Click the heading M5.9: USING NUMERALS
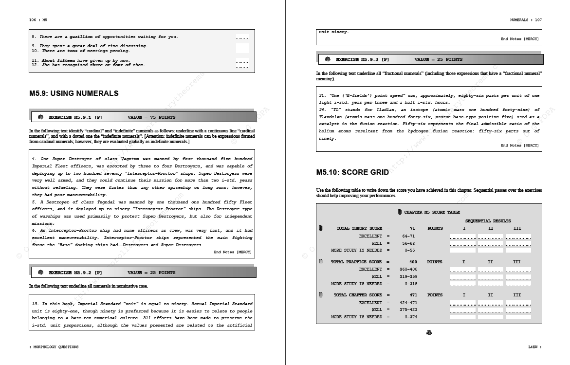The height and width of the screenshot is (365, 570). [x=74, y=93]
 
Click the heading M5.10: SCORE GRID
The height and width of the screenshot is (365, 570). [x=352, y=172]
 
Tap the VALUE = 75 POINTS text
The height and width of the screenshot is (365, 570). [x=151, y=117]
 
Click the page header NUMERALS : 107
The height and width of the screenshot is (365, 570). [x=526, y=20]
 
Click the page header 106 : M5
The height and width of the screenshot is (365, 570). [x=38, y=20]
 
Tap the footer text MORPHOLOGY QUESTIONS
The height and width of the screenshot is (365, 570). [x=55, y=347]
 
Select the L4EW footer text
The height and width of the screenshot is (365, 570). [x=534, y=347]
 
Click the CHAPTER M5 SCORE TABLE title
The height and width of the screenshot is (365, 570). [x=432, y=212]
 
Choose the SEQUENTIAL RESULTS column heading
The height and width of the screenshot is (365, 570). [x=488, y=221]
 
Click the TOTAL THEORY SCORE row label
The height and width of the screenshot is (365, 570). [x=359, y=228]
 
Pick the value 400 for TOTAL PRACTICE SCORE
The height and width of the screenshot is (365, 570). [x=412, y=262]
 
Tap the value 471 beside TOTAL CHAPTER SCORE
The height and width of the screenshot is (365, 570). [x=412, y=295]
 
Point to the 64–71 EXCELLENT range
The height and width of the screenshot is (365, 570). [x=408, y=236]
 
